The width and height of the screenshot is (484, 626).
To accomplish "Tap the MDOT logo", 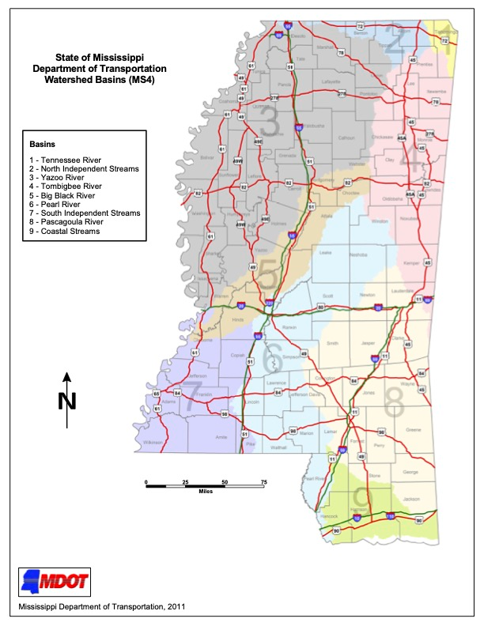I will pyautogui.click(x=55, y=583).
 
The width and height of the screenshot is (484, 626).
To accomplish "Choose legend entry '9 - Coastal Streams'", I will pyautogui.click(x=66, y=231).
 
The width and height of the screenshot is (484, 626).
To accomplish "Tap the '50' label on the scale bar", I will pyautogui.click(x=225, y=481).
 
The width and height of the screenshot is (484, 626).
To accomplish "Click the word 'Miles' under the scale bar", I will pyautogui.click(x=205, y=492).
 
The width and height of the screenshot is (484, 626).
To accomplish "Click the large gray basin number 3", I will pyautogui.click(x=270, y=125).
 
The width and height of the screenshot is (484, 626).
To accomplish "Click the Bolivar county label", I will pyautogui.click(x=208, y=157).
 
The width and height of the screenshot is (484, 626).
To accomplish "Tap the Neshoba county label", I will pyautogui.click(x=357, y=255).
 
